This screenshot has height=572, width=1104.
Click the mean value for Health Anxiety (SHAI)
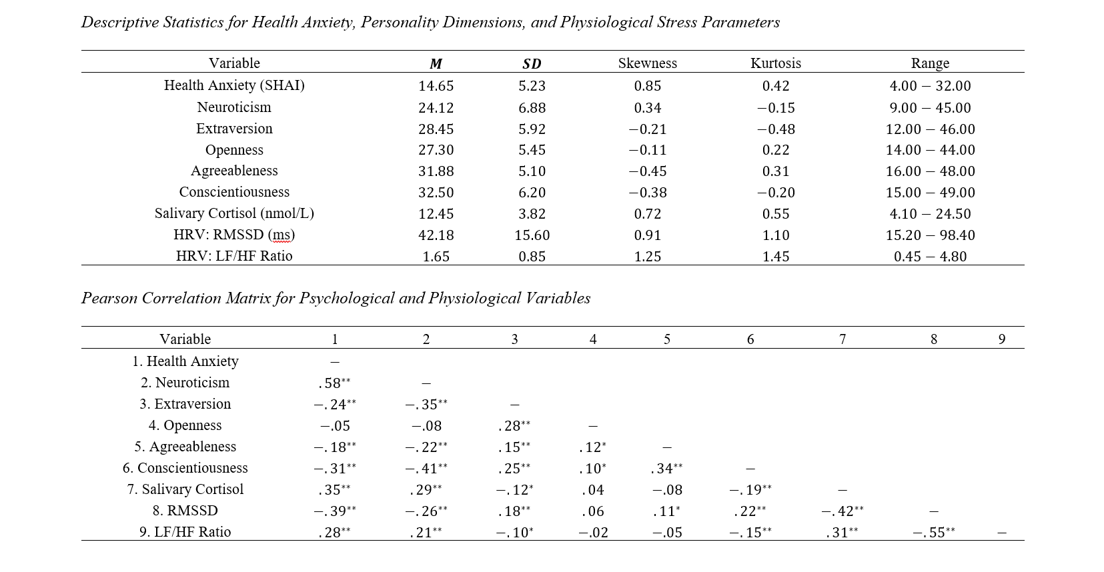pos(436,86)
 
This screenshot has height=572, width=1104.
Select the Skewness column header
pos(647,63)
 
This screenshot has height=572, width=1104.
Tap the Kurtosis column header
pos(775,63)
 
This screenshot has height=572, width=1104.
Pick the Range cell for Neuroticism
pos(930,107)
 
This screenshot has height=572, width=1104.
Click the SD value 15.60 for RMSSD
pos(532,235)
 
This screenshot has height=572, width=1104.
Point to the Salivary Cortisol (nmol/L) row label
pos(234,213)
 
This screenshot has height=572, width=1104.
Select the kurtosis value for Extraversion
pos(776,129)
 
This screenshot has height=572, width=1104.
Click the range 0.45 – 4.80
pos(930,256)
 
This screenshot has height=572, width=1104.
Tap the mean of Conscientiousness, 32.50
pos(436,192)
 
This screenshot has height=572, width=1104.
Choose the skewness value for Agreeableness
pos(647,171)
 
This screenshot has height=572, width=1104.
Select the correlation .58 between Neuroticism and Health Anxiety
pos(334,383)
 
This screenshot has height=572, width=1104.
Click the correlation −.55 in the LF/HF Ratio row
pos(933,532)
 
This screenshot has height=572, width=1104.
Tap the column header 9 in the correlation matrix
pos(1001,339)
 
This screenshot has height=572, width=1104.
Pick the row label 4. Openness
pos(185,425)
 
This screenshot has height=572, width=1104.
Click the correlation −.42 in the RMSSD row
pos(843,511)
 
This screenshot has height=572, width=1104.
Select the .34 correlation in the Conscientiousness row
pos(666,468)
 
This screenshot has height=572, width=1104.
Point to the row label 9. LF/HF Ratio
pos(185,532)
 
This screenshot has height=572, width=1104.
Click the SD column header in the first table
pos(532,63)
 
